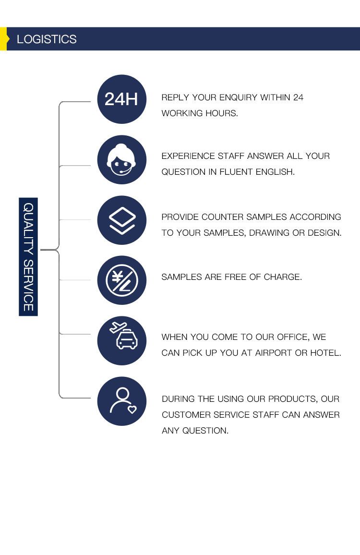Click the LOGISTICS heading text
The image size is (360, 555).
[x=47, y=39]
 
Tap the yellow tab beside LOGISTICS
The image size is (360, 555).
[x=3, y=39]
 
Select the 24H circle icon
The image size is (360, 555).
[x=121, y=99]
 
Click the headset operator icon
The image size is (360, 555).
[x=121, y=160]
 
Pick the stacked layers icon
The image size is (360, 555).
[x=121, y=220]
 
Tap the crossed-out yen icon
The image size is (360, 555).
[x=121, y=280]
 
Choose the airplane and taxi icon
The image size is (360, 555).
[x=121, y=340]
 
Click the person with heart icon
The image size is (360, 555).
[x=121, y=401]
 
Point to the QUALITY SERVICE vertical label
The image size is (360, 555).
[x=28, y=257]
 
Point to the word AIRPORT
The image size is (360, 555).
[x=273, y=353]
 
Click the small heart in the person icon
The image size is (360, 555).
[x=132, y=410]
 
